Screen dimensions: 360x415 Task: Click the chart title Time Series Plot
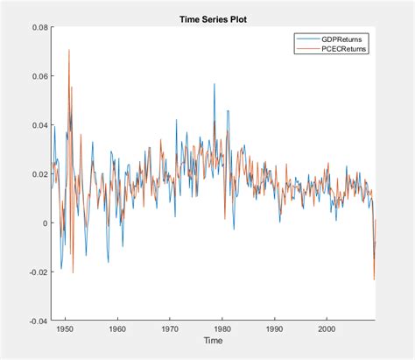click(x=213, y=18)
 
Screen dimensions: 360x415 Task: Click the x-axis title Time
click(x=213, y=341)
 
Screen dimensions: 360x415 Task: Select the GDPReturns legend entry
click(x=344, y=40)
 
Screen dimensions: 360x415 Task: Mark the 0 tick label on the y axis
click(x=44, y=223)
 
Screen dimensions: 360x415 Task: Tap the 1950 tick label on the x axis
click(x=64, y=329)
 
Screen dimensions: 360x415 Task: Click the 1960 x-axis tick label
click(x=116, y=329)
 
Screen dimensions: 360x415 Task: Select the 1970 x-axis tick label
click(x=169, y=329)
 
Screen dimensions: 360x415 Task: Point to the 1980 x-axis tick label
click(x=222, y=329)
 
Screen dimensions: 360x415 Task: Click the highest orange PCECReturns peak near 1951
click(x=68, y=50)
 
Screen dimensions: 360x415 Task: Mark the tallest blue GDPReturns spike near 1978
click(x=213, y=84)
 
